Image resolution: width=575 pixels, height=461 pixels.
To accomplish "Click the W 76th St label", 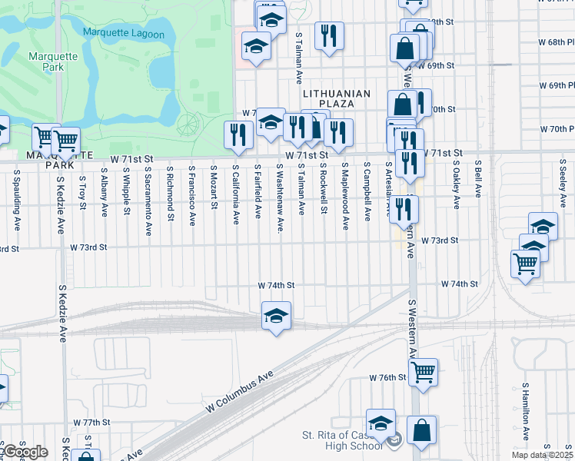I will point(387,378).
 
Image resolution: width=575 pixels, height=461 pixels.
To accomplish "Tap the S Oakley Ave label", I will point(456,184).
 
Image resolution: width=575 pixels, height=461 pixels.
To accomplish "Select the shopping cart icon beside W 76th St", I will point(423,373).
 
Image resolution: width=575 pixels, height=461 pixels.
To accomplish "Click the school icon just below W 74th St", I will point(276,315).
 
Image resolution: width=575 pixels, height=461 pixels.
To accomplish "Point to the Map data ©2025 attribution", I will point(543,455).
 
